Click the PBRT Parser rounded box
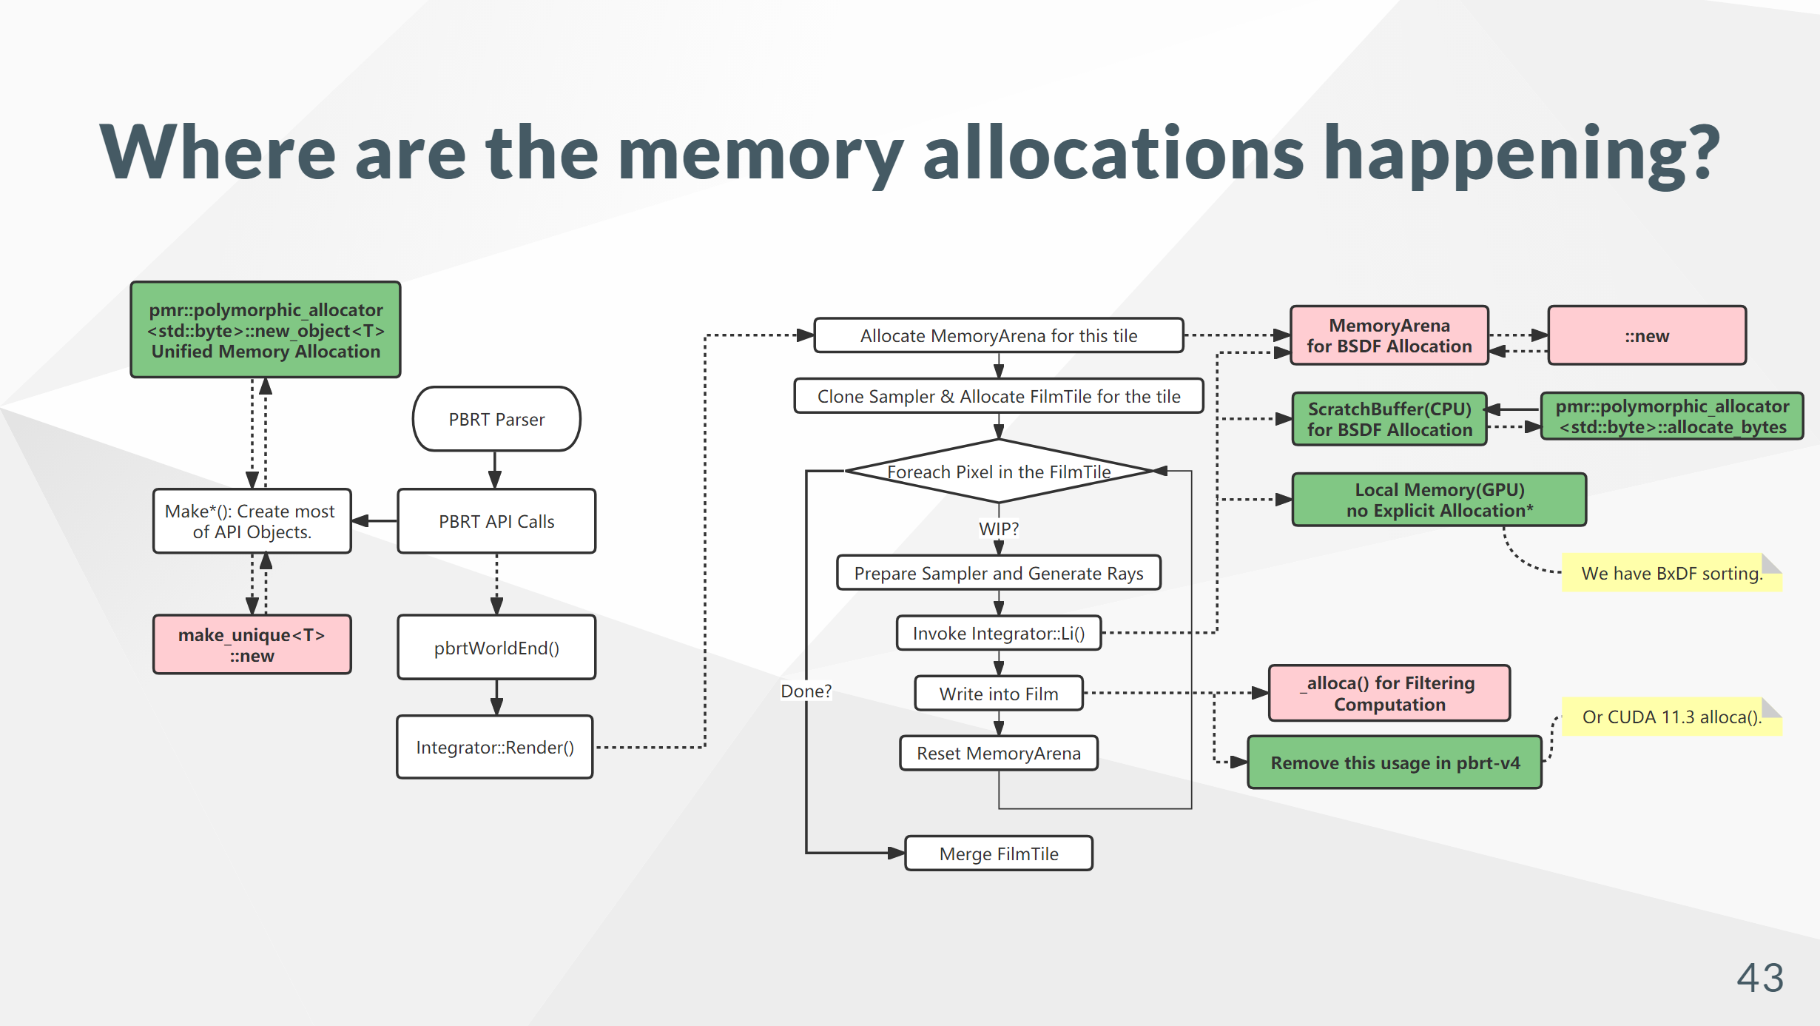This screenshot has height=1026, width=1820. point(496,419)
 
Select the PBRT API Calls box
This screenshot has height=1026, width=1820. point(496,521)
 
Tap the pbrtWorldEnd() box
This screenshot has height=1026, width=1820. point(496,648)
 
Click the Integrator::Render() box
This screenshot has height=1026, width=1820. point(495,747)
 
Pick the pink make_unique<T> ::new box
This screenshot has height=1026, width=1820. point(252,645)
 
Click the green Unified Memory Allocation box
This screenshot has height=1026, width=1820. point(266,330)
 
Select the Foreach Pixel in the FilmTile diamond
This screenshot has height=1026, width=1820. point(998,472)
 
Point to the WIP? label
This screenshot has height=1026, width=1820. point(998,529)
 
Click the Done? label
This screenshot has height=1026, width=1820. point(806,691)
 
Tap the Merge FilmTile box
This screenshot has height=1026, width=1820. point(998,854)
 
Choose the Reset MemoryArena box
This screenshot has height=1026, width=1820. point(998,753)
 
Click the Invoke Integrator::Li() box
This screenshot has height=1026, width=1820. point(998,633)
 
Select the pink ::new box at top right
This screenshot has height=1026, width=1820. point(1647,335)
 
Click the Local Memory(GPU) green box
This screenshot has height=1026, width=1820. point(1439,500)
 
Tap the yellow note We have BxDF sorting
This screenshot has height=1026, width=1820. point(1671,573)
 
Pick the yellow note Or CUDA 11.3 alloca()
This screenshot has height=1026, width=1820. point(1671,717)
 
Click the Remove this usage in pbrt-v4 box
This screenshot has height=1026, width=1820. point(1395,762)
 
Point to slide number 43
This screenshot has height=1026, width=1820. point(1760,978)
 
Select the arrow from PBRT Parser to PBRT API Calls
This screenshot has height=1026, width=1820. point(495,469)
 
